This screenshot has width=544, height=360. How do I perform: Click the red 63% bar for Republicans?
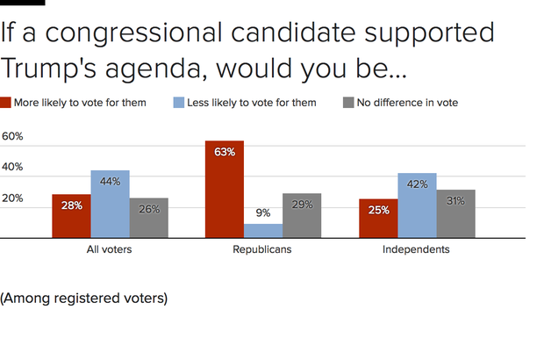pos(224,189)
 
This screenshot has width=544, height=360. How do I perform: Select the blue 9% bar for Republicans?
pos(262,230)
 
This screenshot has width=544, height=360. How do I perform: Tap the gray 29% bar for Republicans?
pos(301,215)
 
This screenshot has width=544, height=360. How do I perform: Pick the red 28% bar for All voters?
pos(71,216)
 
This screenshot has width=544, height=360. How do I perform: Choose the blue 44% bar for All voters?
pos(110,204)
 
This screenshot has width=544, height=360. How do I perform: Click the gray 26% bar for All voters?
pos(148,218)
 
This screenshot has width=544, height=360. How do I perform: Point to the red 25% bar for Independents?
pos(378,218)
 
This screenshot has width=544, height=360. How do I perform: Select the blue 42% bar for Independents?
pos(417,205)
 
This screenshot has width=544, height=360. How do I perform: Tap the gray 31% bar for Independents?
pos(455,213)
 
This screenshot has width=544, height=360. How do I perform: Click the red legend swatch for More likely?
pos(6,103)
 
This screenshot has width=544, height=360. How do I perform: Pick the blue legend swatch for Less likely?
pos(178,103)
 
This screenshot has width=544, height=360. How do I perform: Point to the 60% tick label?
pos(12,137)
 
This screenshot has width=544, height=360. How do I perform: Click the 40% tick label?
pos(12,168)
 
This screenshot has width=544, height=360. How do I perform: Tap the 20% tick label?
pos(12,198)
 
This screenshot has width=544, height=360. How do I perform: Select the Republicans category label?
pos(262,250)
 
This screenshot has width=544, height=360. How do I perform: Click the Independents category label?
pos(416,250)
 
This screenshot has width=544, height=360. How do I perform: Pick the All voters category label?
pos(110,250)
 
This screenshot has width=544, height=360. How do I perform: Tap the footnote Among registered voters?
pos(83,298)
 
